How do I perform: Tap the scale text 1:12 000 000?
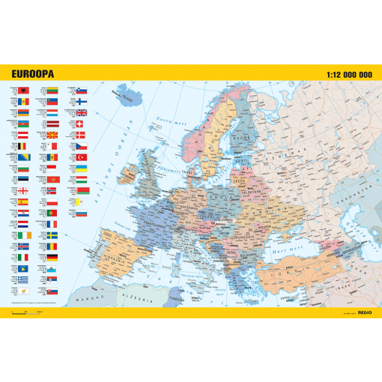point(349,74)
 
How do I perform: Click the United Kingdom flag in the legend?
point(82,113)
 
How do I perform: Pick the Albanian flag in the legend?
point(23,91)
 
